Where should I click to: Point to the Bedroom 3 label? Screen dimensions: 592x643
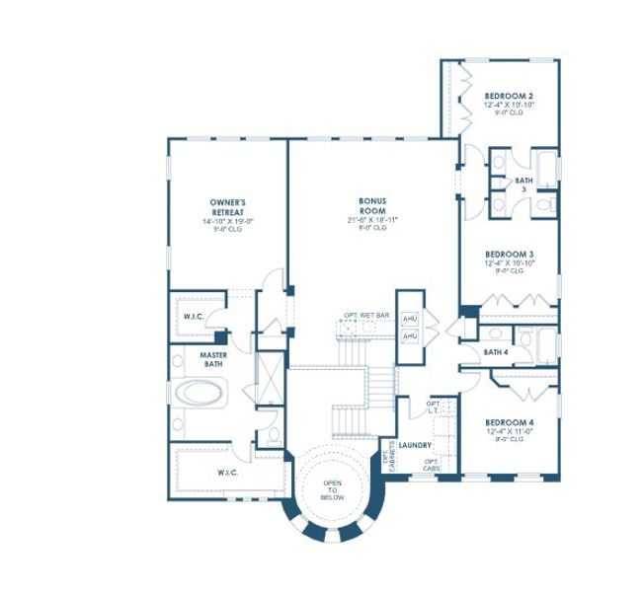tap(509, 254)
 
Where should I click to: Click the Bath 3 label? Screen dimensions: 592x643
tap(523, 185)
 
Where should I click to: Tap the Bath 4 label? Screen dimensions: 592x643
tap(497, 351)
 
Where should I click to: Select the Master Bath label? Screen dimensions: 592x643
tap(213, 359)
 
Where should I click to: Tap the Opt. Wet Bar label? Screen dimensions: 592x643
tap(366, 315)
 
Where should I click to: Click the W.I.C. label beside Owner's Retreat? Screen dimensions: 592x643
tap(194, 317)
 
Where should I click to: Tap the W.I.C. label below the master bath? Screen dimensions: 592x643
tap(228, 473)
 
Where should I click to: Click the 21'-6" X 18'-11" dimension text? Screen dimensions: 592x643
tap(371, 219)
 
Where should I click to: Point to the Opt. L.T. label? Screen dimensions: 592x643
tap(433, 407)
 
